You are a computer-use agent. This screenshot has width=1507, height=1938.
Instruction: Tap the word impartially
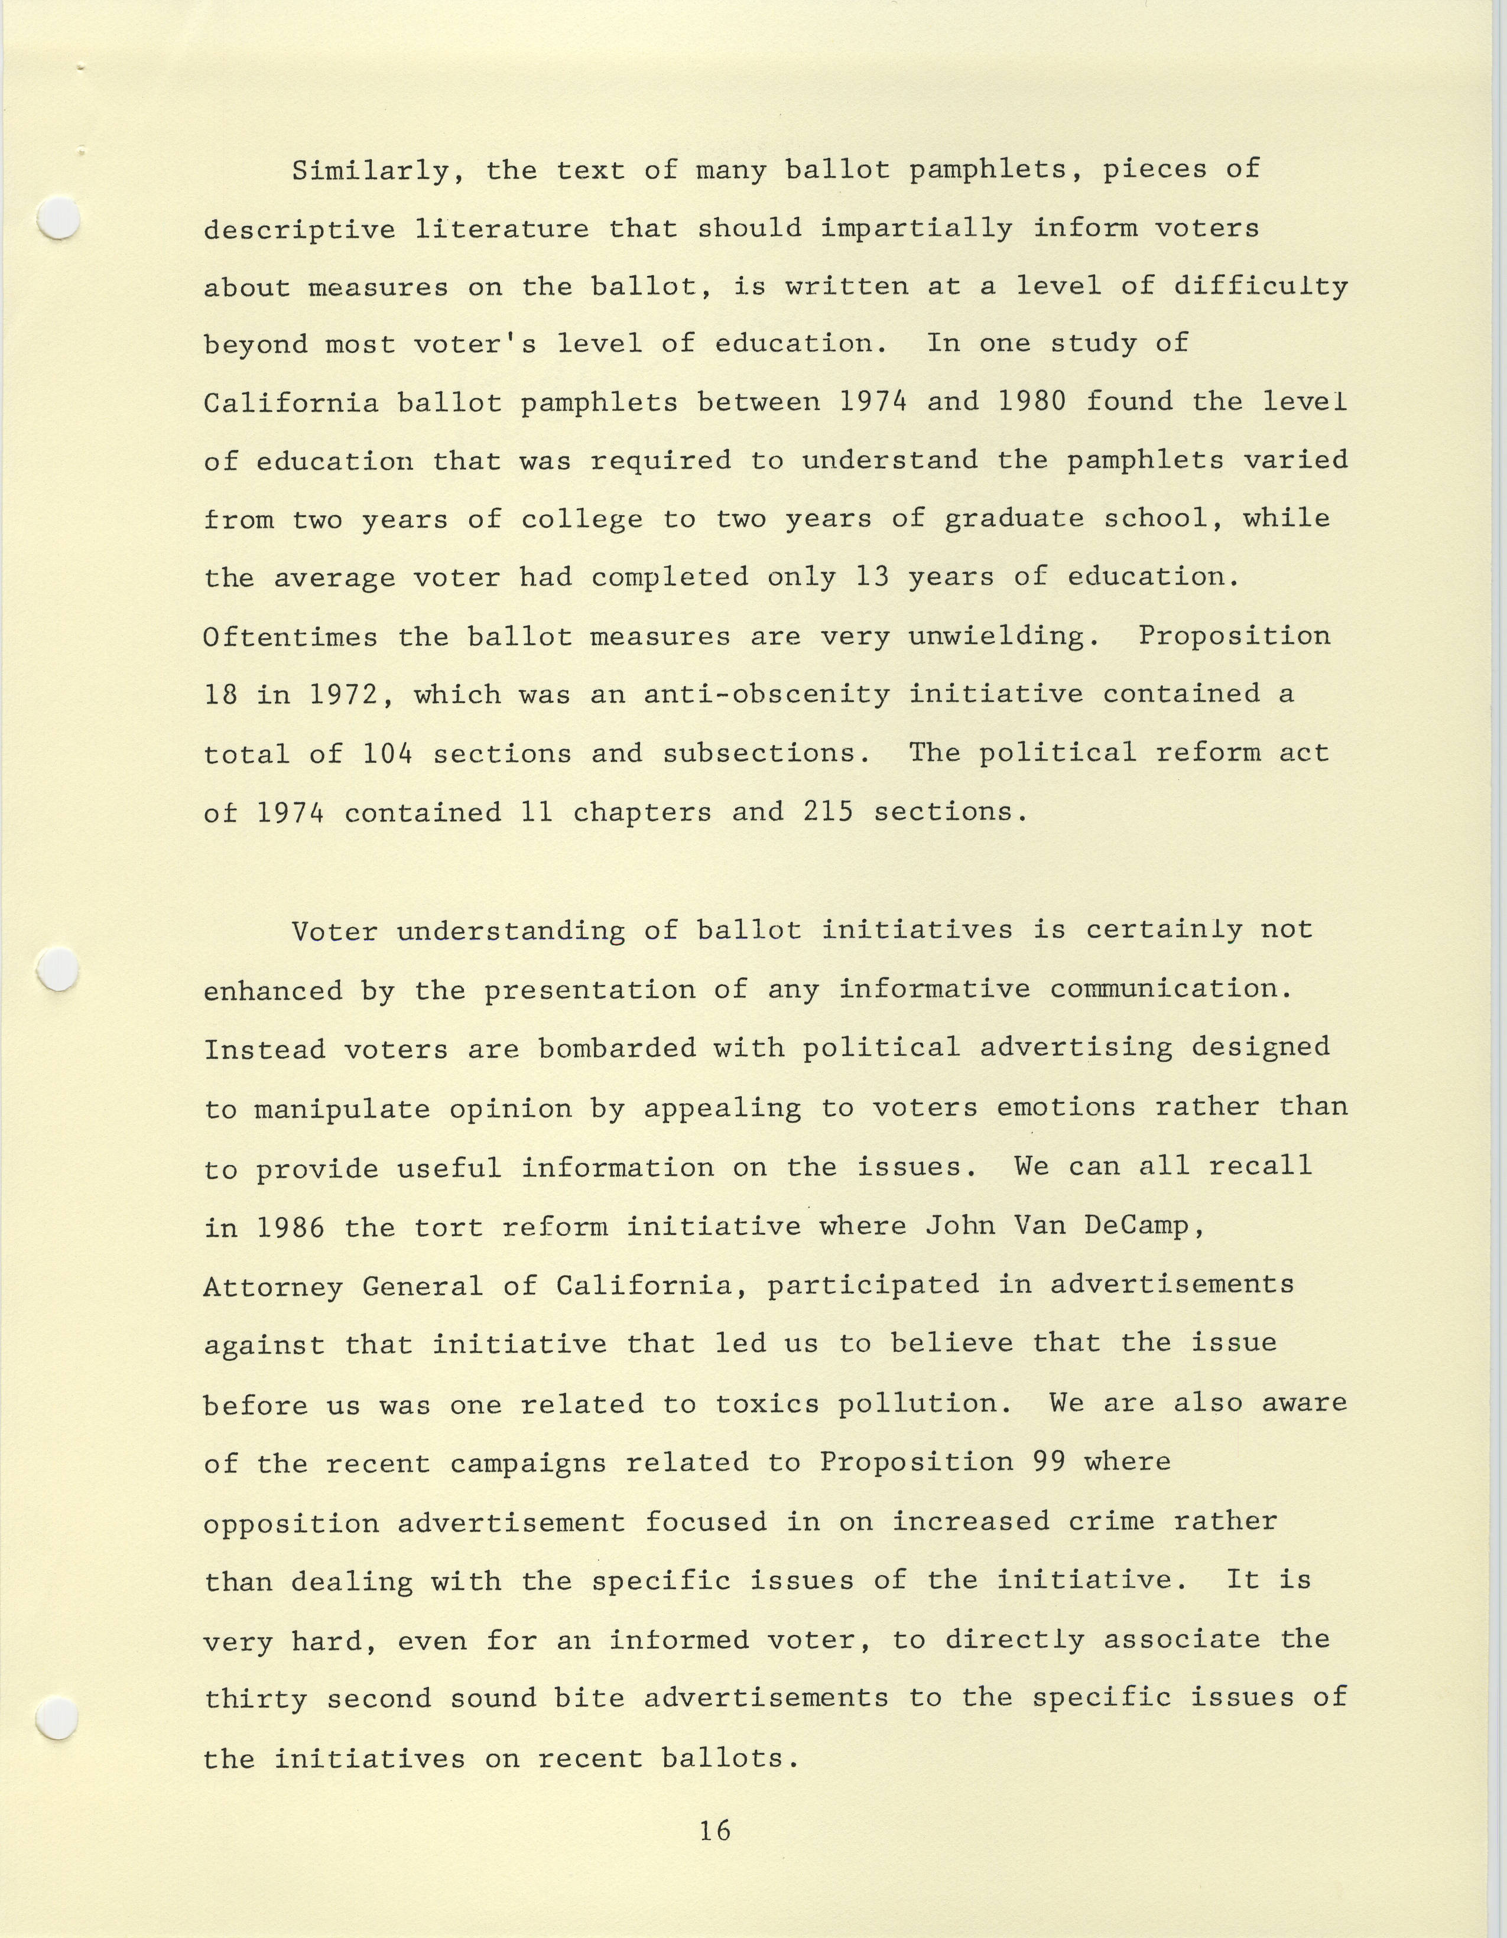click(x=916, y=228)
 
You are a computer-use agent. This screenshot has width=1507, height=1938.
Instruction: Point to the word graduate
click(x=1014, y=519)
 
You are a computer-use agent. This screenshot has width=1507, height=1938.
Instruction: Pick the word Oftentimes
click(x=290, y=636)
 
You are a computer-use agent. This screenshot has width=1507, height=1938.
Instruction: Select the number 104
click(x=388, y=753)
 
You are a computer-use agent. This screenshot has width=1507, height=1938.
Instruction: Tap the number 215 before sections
click(x=828, y=812)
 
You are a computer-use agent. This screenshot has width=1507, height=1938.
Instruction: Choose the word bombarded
click(x=617, y=1048)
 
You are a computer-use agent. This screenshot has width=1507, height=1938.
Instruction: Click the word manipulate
click(x=342, y=1108)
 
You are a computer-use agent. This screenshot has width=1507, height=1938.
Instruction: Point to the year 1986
click(x=290, y=1227)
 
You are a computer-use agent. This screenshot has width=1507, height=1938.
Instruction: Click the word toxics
click(x=768, y=1404)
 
